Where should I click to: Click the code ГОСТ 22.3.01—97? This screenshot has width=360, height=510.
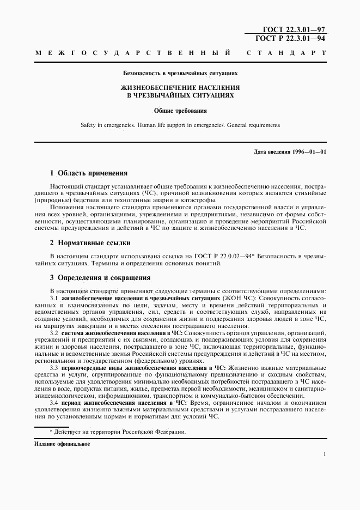coord(290,29)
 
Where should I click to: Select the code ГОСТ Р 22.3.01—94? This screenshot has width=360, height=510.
coord(290,38)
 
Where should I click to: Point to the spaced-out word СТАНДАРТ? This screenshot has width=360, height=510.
coord(286,53)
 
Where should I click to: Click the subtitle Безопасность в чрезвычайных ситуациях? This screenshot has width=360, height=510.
coord(180,72)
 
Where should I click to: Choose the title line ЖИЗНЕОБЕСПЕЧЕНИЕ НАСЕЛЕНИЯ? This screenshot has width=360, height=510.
coord(180,87)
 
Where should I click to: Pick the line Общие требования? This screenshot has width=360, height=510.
coord(180,110)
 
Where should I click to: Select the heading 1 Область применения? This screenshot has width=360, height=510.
coord(89,173)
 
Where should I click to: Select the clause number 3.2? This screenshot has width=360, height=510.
coord(54,332)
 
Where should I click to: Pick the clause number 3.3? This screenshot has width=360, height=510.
coord(54,368)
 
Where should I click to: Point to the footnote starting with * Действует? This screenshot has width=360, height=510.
coord(118,432)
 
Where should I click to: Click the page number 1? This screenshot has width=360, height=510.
coord(324,454)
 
